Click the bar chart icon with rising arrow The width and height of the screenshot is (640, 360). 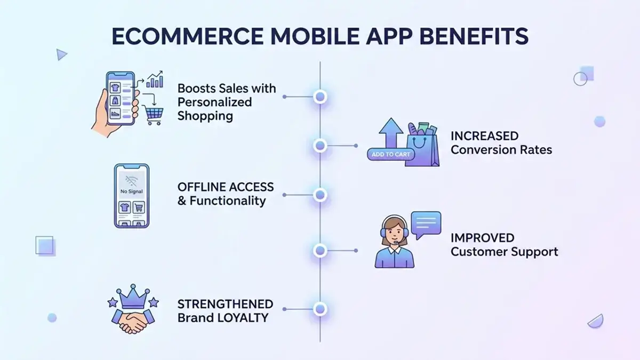(155, 79)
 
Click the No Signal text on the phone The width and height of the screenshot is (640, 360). (132, 190)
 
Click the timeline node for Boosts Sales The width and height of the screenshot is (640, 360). (320, 97)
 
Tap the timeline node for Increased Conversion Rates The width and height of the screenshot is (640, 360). (320, 145)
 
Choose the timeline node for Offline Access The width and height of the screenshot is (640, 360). (320, 195)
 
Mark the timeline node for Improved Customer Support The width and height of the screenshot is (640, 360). (320, 250)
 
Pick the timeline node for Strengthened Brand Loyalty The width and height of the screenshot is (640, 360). (320, 308)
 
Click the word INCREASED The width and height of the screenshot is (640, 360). (484, 136)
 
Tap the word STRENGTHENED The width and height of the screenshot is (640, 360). (225, 305)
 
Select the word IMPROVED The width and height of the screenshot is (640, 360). (482, 238)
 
